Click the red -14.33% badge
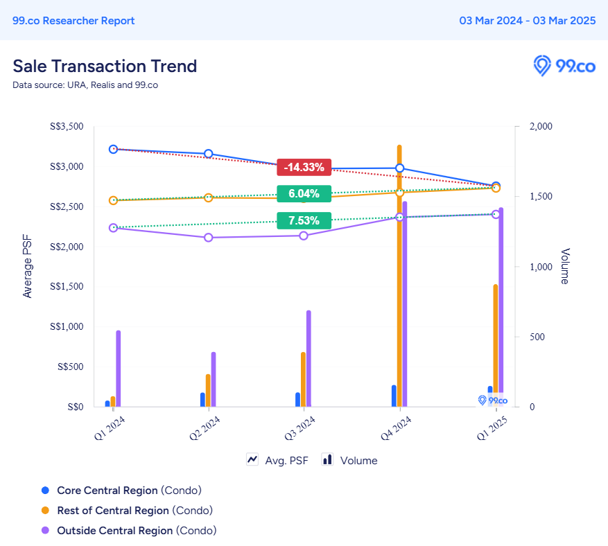[304, 167]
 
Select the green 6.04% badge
[304, 193]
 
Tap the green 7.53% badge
[304, 221]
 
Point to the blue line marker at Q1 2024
[113, 149]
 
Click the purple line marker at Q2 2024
[208, 238]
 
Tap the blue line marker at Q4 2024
[400, 168]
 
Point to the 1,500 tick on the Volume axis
[540, 197]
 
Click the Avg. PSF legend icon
[252, 459]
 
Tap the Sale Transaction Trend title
[105, 66]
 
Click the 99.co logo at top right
[564, 67]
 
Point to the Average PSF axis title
[28, 266]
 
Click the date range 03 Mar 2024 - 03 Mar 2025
[528, 20]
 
